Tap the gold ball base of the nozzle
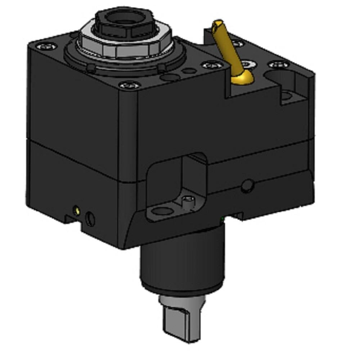pyautogui.click(x=240, y=77)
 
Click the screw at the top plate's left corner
pyautogui.click(x=46, y=46)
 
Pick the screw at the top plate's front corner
pyautogui.click(x=130, y=85)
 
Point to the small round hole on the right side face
pyautogui.click(x=247, y=184)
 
